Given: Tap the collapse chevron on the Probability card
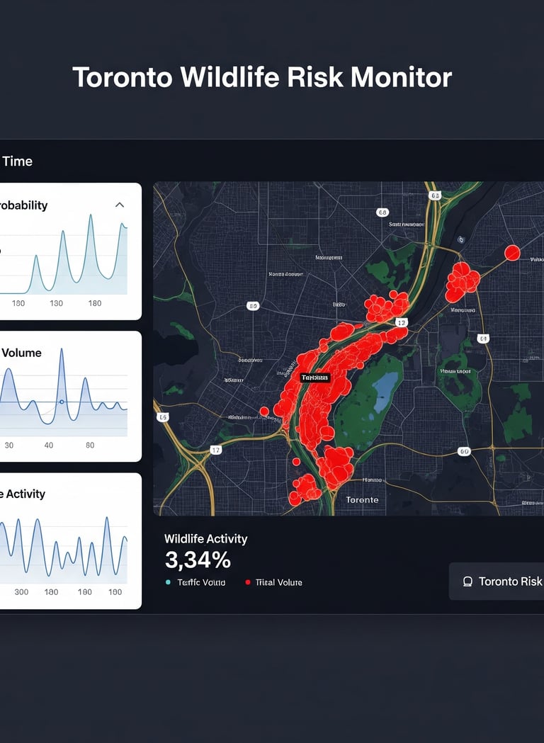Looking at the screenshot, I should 120,205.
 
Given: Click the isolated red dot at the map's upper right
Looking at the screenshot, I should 512,253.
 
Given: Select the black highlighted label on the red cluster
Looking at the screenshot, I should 315,378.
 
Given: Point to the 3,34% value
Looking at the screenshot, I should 198,560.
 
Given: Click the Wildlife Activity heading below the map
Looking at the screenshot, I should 205,538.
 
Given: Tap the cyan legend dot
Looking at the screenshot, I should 168,582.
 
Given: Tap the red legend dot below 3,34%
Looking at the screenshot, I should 247,582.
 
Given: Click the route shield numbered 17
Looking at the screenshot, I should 216,450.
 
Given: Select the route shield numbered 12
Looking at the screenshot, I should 401,323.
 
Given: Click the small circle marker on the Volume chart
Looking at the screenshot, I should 62,402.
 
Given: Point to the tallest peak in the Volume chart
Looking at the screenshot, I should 61,351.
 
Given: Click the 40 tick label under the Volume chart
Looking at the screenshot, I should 49,446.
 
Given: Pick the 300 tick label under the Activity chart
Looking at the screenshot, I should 21,591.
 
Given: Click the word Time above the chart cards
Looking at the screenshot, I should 17,161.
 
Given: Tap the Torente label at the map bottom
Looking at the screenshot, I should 362,499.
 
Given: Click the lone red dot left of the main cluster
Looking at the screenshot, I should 264,411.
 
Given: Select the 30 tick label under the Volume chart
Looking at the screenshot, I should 9,446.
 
